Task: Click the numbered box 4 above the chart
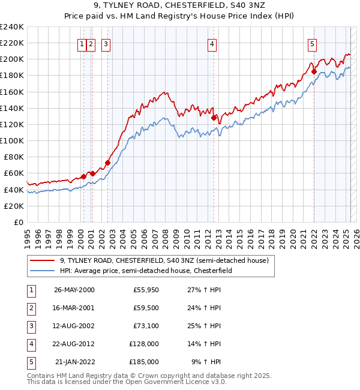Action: click(x=213, y=43)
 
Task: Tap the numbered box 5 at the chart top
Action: click(x=313, y=43)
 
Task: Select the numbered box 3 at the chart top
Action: click(x=106, y=43)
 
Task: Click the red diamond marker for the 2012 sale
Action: click(x=214, y=118)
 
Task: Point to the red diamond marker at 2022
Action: click(x=314, y=71)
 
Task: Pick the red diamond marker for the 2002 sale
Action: click(x=107, y=163)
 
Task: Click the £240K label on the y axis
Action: click(x=11, y=27)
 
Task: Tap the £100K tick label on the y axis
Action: click(x=11, y=141)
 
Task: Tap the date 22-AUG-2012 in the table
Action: click(x=74, y=344)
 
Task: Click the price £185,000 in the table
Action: click(x=143, y=362)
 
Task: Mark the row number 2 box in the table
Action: click(x=31, y=308)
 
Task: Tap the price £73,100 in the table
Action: click(x=145, y=326)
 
